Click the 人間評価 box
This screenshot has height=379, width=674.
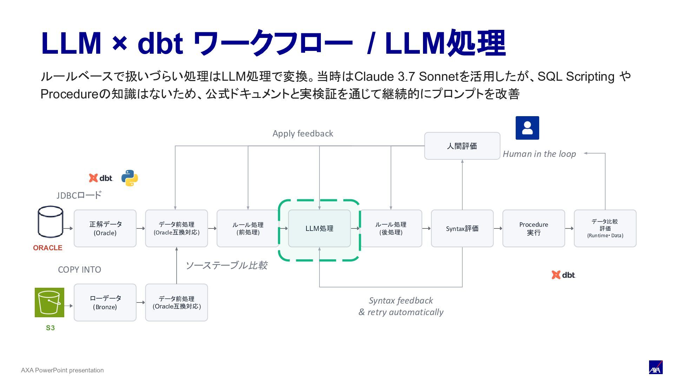pos(462,146)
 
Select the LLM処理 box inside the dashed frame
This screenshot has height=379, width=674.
pos(319,228)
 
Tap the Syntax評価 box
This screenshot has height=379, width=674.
pos(462,228)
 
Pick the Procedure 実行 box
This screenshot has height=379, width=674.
pos(534,228)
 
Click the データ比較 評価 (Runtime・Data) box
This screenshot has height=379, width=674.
pos(605,228)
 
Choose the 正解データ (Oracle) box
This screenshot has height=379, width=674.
pos(105,228)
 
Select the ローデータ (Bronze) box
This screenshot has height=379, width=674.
pos(105,302)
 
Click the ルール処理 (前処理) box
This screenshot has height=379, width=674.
pos(248,228)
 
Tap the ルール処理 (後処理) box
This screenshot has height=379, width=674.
pos(391,228)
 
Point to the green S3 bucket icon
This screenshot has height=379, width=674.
pos(49,302)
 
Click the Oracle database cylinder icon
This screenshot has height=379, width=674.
pos(51,222)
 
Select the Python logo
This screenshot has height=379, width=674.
pos(130,178)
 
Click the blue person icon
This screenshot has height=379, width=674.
pos(527,128)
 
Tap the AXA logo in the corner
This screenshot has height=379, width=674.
pos(655,367)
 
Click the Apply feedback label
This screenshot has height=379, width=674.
pos(303,134)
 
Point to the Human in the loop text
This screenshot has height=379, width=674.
pos(539,154)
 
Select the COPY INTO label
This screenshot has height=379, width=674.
pos(79,270)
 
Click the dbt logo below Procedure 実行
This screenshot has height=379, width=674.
pos(563,275)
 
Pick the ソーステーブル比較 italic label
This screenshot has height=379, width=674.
pos(226,265)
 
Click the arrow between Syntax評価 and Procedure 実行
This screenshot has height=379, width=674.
pos(498,228)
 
